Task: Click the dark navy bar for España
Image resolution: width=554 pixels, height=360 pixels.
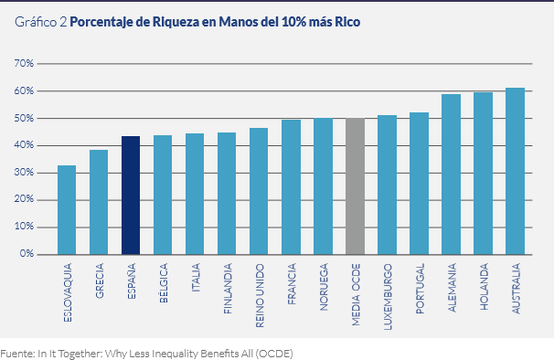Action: point(131,195)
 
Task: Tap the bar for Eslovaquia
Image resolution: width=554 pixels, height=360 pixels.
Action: point(67,209)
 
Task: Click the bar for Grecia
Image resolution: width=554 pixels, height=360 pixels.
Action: point(99,202)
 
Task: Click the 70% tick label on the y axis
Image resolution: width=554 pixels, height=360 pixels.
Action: point(24,64)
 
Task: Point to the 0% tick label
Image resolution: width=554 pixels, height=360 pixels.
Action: point(27,254)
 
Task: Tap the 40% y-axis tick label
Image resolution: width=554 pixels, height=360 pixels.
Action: point(24,145)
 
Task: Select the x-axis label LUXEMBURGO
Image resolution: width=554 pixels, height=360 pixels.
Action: point(388,290)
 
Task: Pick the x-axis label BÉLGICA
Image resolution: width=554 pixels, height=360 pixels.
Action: point(163,284)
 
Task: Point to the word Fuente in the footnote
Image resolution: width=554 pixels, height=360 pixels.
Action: point(19,352)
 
